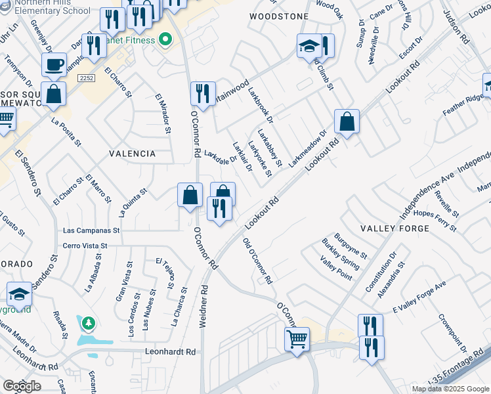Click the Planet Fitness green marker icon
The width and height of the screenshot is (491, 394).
pyautogui.click(x=165, y=41)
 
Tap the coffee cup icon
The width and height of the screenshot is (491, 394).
pyautogui.click(x=53, y=65)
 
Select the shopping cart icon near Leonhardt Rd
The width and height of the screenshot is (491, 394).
pyautogui.click(x=297, y=339)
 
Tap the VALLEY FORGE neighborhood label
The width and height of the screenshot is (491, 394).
pyautogui.click(x=395, y=229)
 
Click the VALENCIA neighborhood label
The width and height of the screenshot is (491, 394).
pyautogui.click(x=133, y=154)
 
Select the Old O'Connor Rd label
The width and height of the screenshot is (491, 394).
pyautogui.click(x=257, y=261)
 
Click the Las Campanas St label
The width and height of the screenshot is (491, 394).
pyautogui.click(x=91, y=231)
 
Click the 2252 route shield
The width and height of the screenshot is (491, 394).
pyautogui.click(x=86, y=77)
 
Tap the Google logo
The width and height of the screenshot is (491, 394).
pyautogui.click(x=22, y=386)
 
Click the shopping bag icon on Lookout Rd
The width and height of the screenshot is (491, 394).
pyautogui.click(x=346, y=121)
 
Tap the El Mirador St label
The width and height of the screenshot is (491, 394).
pyautogui.click(x=163, y=114)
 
